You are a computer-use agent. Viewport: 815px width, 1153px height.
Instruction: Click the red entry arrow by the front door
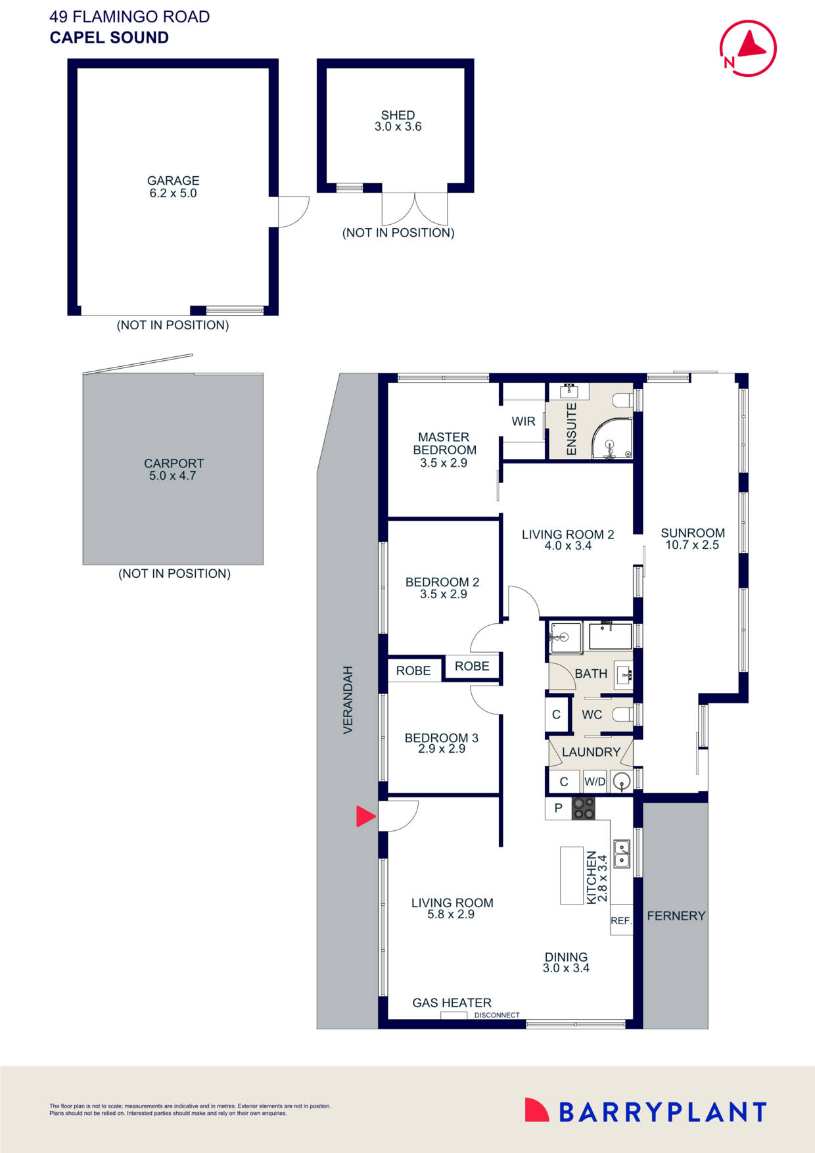click(365, 816)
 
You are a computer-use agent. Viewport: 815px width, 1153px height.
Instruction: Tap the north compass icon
click(748, 48)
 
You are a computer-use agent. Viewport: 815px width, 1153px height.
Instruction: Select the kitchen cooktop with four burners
click(583, 808)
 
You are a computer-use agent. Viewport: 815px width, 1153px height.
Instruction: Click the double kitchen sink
click(621, 853)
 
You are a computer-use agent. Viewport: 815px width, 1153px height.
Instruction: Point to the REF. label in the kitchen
click(621, 921)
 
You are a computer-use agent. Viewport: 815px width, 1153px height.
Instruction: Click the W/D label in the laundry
click(595, 782)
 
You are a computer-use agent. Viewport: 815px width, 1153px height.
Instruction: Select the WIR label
click(523, 421)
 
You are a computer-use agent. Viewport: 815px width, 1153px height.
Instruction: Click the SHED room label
click(398, 115)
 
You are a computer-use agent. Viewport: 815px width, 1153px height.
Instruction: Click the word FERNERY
click(676, 916)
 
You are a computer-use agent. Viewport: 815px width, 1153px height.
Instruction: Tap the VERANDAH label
click(348, 699)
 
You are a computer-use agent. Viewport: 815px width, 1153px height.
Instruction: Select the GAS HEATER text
click(452, 1002)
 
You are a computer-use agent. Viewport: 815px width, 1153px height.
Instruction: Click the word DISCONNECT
click(497, 1015)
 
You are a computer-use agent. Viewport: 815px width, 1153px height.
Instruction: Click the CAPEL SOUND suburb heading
click(109, 37)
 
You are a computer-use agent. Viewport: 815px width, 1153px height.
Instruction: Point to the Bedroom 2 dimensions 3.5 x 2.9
click(443, 594)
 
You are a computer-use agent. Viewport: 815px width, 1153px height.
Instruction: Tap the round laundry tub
click(621, 782)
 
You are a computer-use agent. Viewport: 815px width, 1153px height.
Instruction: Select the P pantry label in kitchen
click(558, 808)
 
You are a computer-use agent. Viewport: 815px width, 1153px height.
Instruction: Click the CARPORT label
click(174, 463)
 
